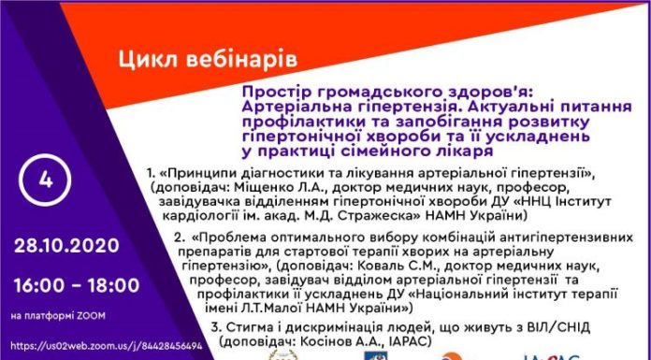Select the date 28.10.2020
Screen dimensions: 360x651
pyautogui.click(x=65, y=246)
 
